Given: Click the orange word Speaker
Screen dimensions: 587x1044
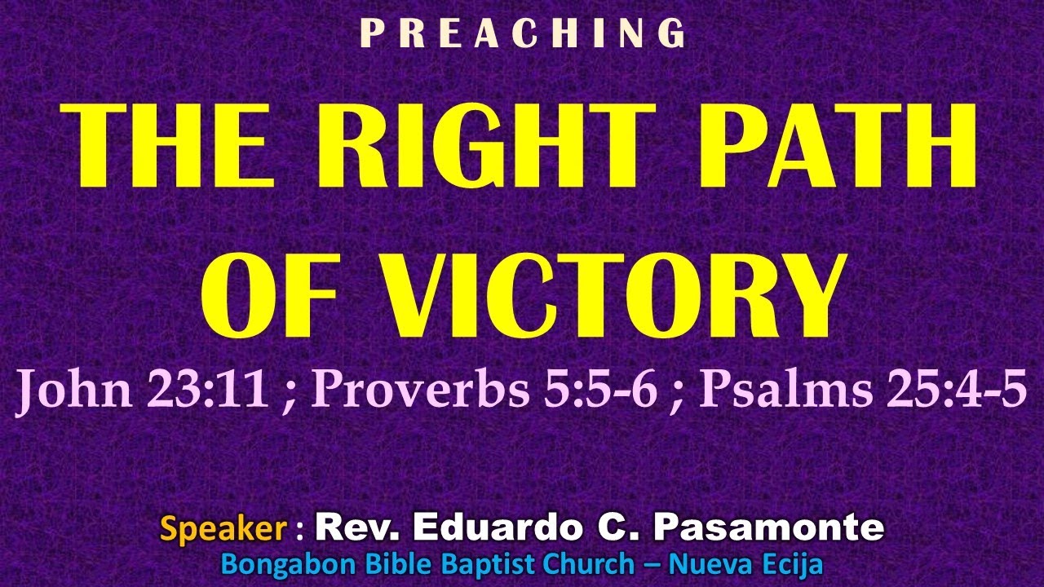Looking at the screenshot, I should click(x=223, y=529).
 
